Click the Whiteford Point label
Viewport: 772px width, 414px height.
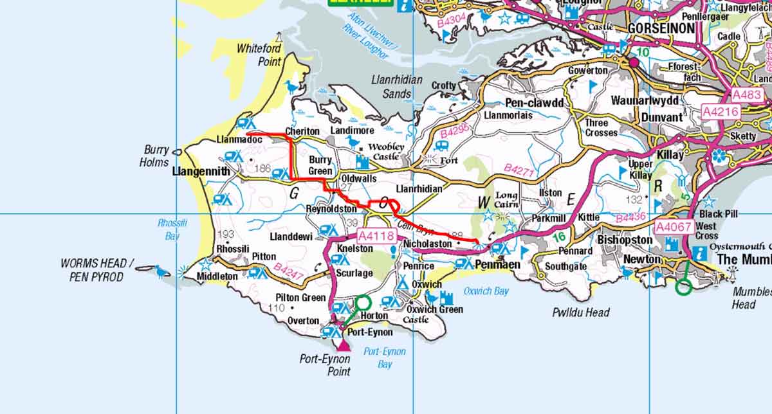[x=259, y=55]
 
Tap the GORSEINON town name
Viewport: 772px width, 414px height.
[x=660, y=28]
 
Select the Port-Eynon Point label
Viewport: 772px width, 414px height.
[x=325, y=364]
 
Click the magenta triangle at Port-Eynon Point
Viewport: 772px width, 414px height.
[x=344, y=346]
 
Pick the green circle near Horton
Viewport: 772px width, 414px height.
[x=363, y=302]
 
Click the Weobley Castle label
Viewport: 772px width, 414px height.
[x=387, y=151]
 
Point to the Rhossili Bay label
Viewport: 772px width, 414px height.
[x=169, y=230]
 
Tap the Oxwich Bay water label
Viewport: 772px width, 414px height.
[x=486, y=291]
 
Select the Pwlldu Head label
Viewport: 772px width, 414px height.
[x=580, y=312]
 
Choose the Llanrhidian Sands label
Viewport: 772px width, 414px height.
[x=397, y=86]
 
